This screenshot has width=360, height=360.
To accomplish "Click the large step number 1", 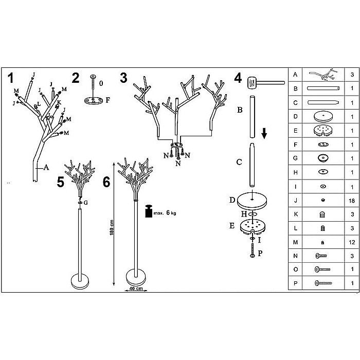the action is (11, 78).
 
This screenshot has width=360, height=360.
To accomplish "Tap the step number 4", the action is (238, 78).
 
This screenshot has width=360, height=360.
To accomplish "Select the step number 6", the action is (106, 182).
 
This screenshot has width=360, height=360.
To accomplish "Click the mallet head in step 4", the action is (252, 83).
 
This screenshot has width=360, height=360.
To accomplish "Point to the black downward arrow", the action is (264, 133).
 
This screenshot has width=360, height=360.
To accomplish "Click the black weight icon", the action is (149, 211).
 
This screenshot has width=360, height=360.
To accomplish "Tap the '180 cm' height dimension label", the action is (112, 227).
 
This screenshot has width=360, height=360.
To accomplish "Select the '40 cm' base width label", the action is (136, 289).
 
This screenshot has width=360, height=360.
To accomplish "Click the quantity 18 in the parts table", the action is (352, 201).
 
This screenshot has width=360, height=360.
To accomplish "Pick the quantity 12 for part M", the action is (352, 242).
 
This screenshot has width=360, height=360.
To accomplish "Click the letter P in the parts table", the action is (296, 283).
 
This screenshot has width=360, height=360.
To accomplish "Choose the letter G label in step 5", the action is (86, 203).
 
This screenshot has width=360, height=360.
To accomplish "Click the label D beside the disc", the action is (232, 200).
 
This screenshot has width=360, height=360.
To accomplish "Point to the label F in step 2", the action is (107, 100).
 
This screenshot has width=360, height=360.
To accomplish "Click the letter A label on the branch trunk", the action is (46, 167).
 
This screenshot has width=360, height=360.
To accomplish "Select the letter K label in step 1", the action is (59, 102).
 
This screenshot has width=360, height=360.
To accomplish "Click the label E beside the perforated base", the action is (232, 226).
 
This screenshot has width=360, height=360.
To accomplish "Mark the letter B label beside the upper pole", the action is (240, 110).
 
